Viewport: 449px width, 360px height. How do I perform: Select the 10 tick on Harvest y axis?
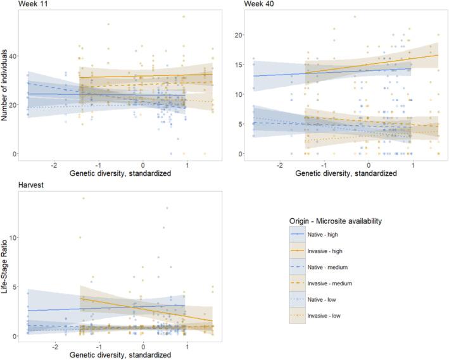(14, 237)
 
